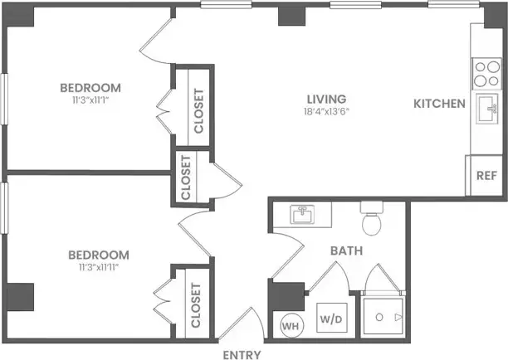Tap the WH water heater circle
click(290, 325)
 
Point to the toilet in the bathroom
click(371, 221)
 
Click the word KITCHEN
click(440, 104)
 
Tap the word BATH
click(344, 250)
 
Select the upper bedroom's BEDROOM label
click(90, 87)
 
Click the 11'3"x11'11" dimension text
click(98, 266)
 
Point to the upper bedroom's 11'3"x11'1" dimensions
click(90, 100)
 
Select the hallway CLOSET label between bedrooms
click(185, 177)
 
